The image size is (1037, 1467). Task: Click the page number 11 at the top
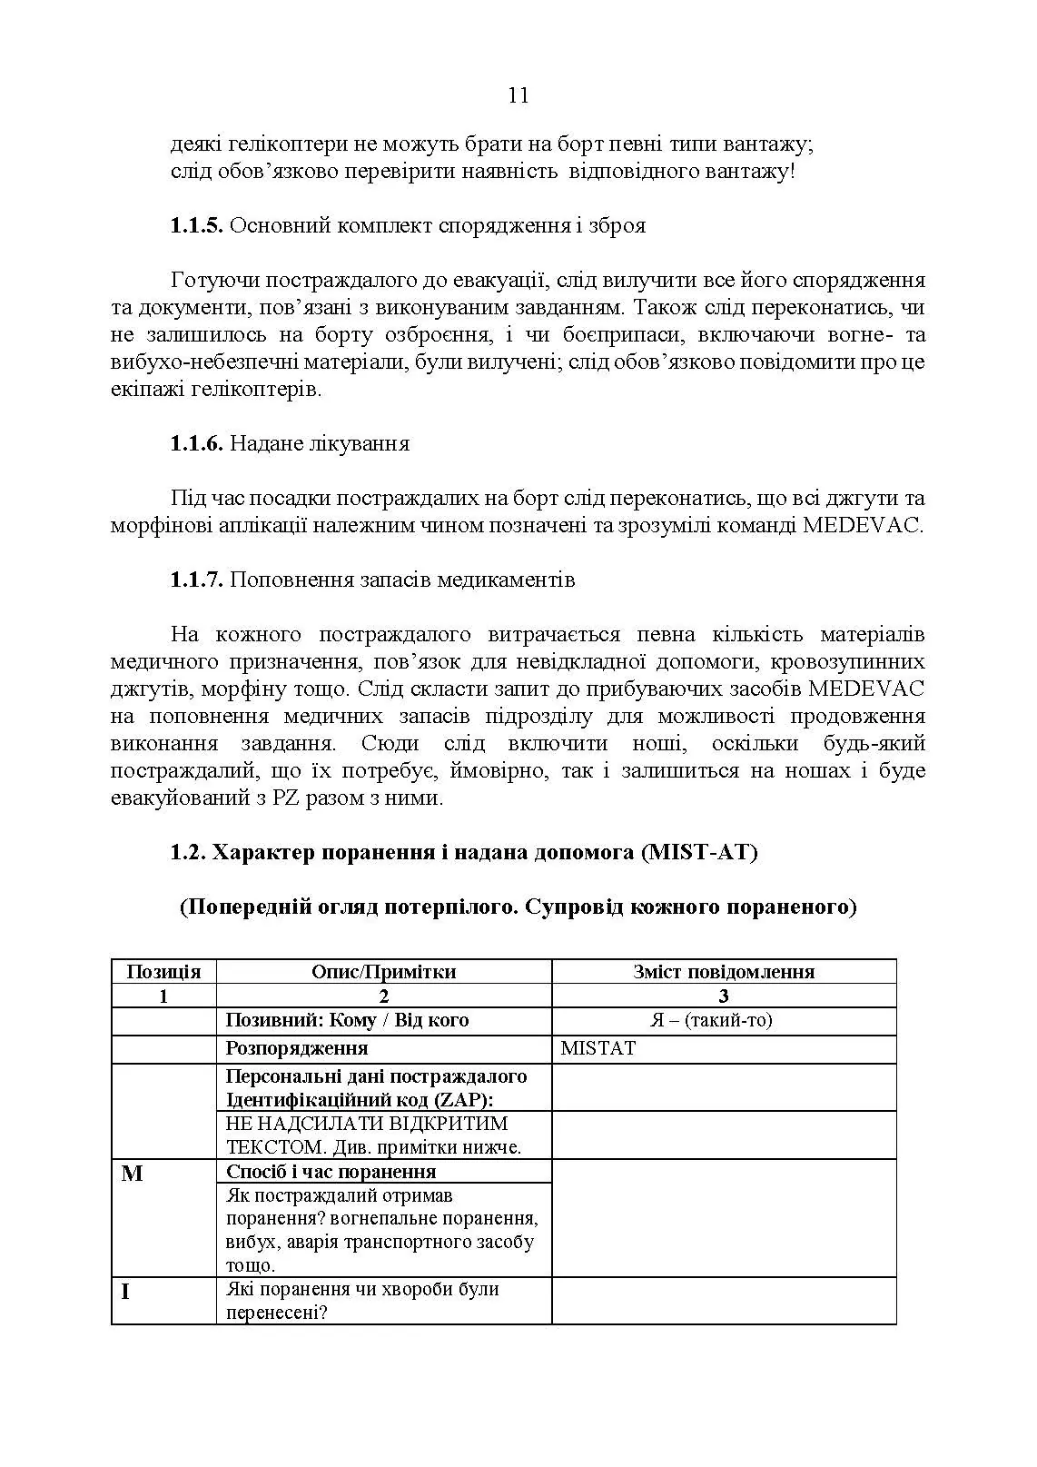(518, 96)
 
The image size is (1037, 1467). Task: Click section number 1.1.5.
(196, 225)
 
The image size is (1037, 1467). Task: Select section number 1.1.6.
(196, 443)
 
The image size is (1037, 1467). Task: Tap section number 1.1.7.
(196, 580)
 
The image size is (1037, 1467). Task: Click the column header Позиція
(163, 971)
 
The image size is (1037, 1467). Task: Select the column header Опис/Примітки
(383, 971)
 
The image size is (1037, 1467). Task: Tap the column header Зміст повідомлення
(724, 971)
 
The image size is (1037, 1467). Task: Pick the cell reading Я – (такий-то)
(724, 1020)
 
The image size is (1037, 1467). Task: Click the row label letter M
(132, 1174)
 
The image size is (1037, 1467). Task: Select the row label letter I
(125, 1291)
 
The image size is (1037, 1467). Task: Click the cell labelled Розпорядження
(297, 1048)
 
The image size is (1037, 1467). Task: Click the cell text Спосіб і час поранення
(331, 1171)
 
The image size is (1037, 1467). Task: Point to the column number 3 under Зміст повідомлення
(724, 996)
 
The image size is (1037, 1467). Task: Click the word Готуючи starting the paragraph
(210, 280)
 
